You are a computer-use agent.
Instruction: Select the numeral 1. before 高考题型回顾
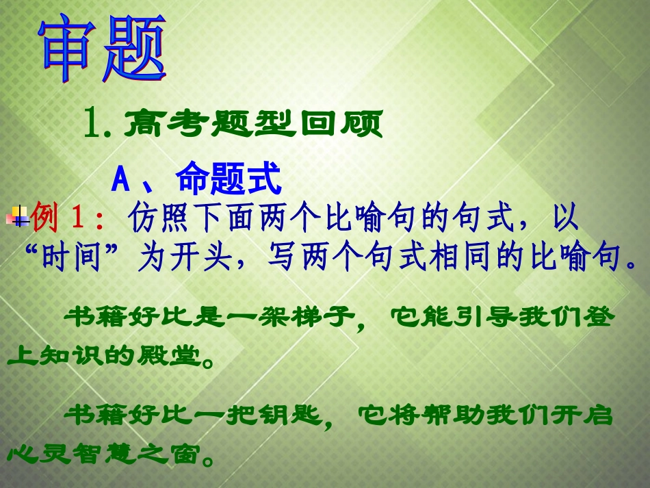point(96,126)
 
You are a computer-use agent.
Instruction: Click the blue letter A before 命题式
point(120,181)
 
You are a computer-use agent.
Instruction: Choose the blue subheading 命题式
point(229,181)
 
